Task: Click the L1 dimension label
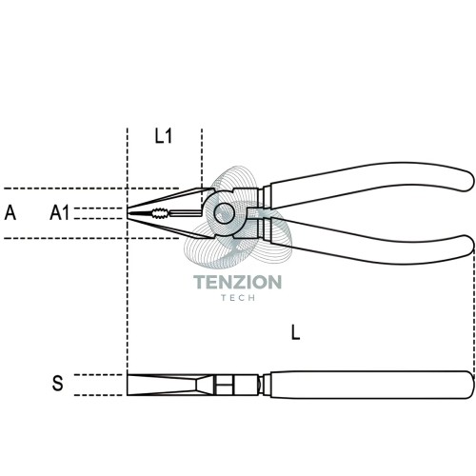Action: coord(164,136)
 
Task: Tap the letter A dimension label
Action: coord(10,212)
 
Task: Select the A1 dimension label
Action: coord(59,212)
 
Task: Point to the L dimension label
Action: coord(296,333)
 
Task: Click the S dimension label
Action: coord(57,383)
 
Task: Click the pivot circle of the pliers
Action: coord(224,213)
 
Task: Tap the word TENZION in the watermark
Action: coord(237,282)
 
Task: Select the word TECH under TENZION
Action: coord(238,298)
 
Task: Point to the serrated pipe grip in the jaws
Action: coord(160,213)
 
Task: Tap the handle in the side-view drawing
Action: coord(368,385)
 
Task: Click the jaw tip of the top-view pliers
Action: coord(128,213)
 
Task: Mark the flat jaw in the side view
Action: coord(169,385)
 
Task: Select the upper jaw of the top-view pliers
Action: coord(169,200)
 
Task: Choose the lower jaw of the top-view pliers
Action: coord(169,226)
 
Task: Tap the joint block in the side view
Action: coord(235,385)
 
